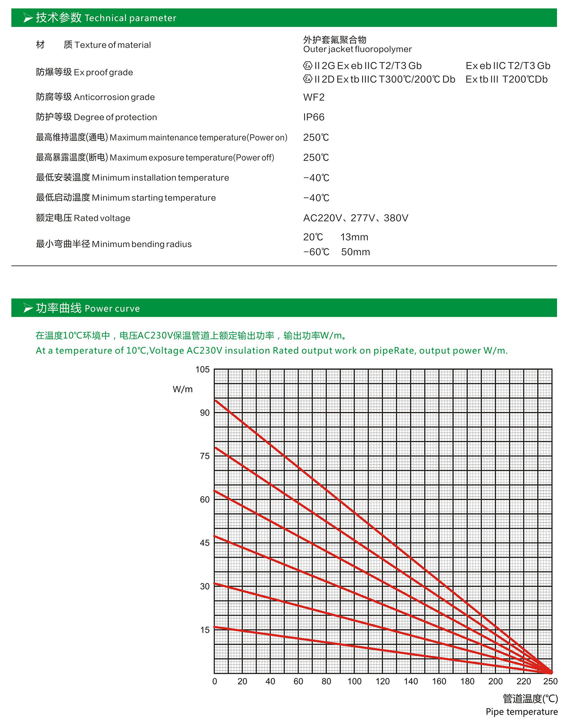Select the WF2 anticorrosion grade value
point(314,97)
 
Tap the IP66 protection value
point(314,117)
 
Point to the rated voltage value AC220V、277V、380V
point(356,218)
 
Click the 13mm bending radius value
point(354,237)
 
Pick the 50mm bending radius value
point(355,252)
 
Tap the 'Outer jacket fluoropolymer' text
point(357,49)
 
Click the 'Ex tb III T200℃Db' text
point(506,79)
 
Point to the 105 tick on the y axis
point(202,370)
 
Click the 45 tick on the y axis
point(204,543)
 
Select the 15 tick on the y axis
point(205,630)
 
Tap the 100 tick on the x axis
point(354,681)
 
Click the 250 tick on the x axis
point(550,681)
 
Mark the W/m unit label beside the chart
point(183,389)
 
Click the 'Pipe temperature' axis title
point(522,712)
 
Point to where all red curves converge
point(551,672)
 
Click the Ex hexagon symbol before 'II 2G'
point(308,66)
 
